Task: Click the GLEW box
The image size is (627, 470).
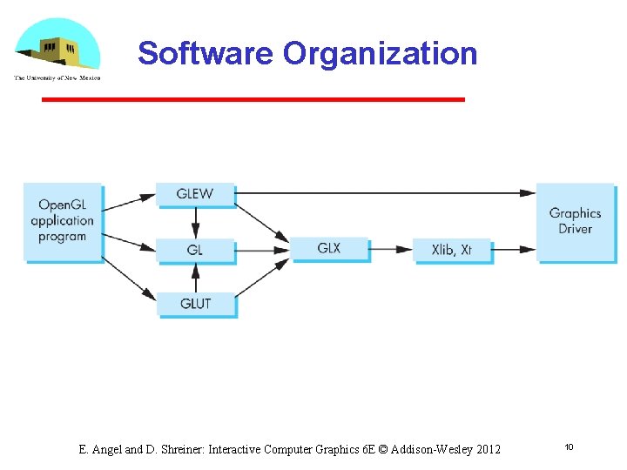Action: (196, 194)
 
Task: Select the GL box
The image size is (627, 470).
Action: (196, 250)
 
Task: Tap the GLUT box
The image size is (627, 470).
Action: (196, 304)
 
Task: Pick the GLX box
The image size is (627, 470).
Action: (329, 249)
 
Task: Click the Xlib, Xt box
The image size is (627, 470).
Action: (452, 250)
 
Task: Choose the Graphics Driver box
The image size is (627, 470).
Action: (575, 221)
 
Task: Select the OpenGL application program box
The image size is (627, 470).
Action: (63, 221)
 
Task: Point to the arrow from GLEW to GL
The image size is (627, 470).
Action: (196, 222)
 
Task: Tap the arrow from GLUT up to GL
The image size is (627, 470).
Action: (196, 278)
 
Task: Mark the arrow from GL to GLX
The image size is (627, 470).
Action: (263, 250)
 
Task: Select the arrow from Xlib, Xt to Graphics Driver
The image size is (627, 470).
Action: (514, 250)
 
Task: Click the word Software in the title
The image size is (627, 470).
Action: (206, 53)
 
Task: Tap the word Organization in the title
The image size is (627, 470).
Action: (380, 53)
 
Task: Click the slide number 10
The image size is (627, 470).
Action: (569, 447)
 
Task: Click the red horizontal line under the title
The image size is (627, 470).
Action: (253, 100)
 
